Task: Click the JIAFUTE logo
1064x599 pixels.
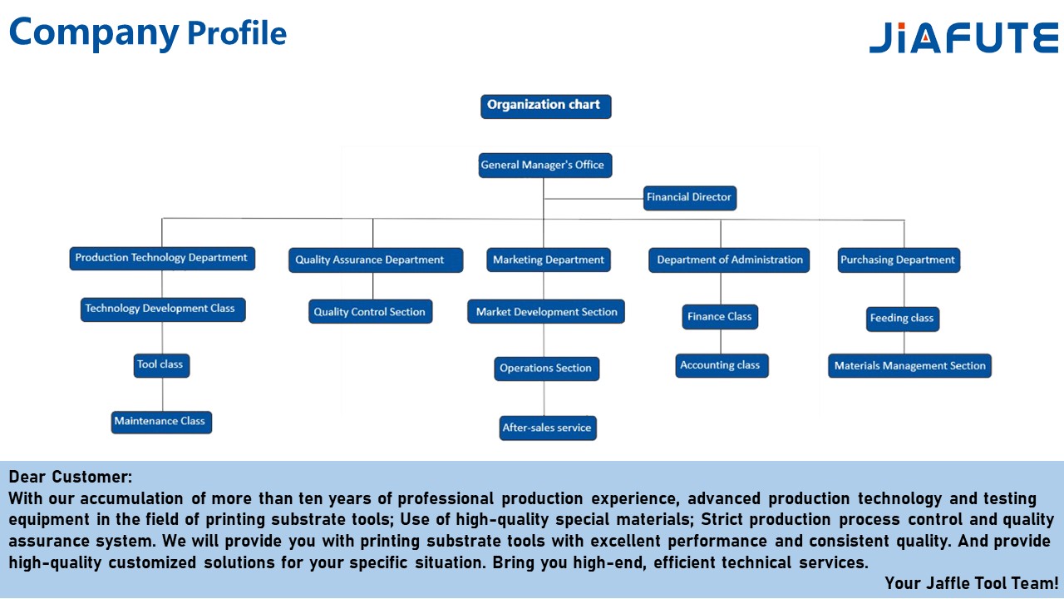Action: [x=963, y=38]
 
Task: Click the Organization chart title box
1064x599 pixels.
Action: [x=545, y=106]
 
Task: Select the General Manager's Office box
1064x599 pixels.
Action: [x=544, y=165]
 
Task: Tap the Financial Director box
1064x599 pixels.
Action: [x=690, y=198]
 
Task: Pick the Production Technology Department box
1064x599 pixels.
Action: [x=162, y=258]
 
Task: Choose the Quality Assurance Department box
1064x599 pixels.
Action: [x=371, y=260]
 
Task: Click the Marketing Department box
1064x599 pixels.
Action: [x=549, y=260]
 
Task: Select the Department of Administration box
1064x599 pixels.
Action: [x=730, y=260]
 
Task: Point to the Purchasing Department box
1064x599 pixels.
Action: [x=899, y=260]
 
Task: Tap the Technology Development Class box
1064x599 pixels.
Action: [x=163, y=309]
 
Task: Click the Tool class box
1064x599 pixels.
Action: [x=161, y=364]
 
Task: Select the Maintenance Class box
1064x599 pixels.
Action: [x=161, y=422]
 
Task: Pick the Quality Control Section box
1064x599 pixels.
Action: [x=370, y=312]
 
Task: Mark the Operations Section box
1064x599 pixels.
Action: [x=546, y=369]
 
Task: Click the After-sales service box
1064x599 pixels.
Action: [x=548, y=428]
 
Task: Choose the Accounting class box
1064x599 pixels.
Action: [x=721, y=365]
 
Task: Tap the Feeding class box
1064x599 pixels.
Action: [x=902, y=319]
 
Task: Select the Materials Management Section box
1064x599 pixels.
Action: [x=909, y=366]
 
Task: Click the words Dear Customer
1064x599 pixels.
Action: [x=71, y=478]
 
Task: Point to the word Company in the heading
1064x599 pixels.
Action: [x=94, y=32]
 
